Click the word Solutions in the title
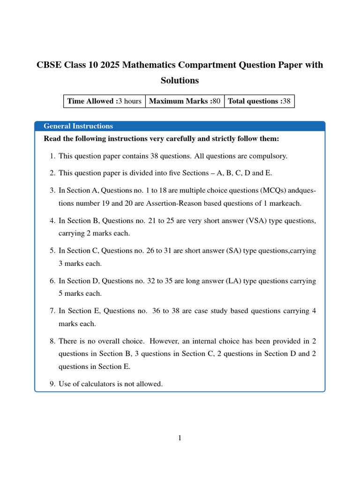tap(180, 80)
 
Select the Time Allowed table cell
tap(104, 101)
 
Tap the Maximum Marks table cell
tap(185, 101)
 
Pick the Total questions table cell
tap(259, 101)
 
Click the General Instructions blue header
tap(78, 126)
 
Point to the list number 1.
tap(52, 156)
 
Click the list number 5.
tap(52, 251)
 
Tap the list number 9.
tap(52, 384)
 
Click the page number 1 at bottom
tap(180, 438)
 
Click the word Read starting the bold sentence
tap(52, 139)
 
